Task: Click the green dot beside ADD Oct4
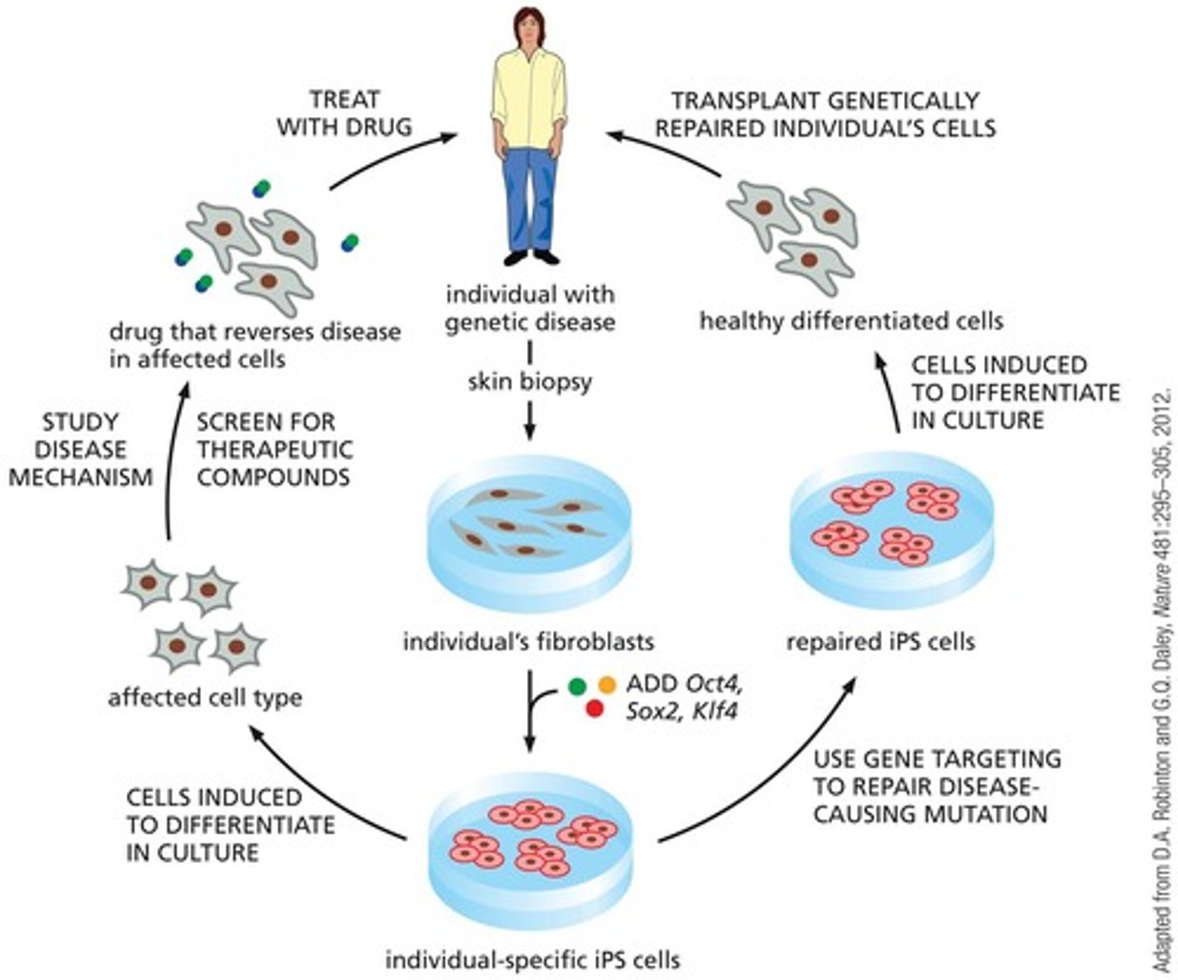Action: (x=578, y=683)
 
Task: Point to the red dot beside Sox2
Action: (x=595, y=710)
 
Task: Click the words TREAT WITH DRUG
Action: (x=344, y=113)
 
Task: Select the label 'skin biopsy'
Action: (x=529, y=381)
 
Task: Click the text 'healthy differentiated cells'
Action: (x=851, y=321)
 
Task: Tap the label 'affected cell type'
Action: (x=205, y=697)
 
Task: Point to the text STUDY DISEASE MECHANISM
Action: (x=80, y=449)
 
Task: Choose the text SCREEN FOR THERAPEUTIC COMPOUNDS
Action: (x=274, y=449)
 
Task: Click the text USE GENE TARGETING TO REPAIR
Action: (x=937, y=786)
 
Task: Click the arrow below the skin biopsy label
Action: (x=529, y=421)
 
